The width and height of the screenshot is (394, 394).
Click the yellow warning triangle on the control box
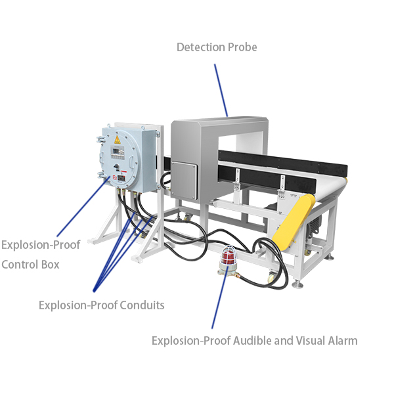pos(117,140)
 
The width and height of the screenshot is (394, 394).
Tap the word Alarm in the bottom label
pos(341,340)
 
